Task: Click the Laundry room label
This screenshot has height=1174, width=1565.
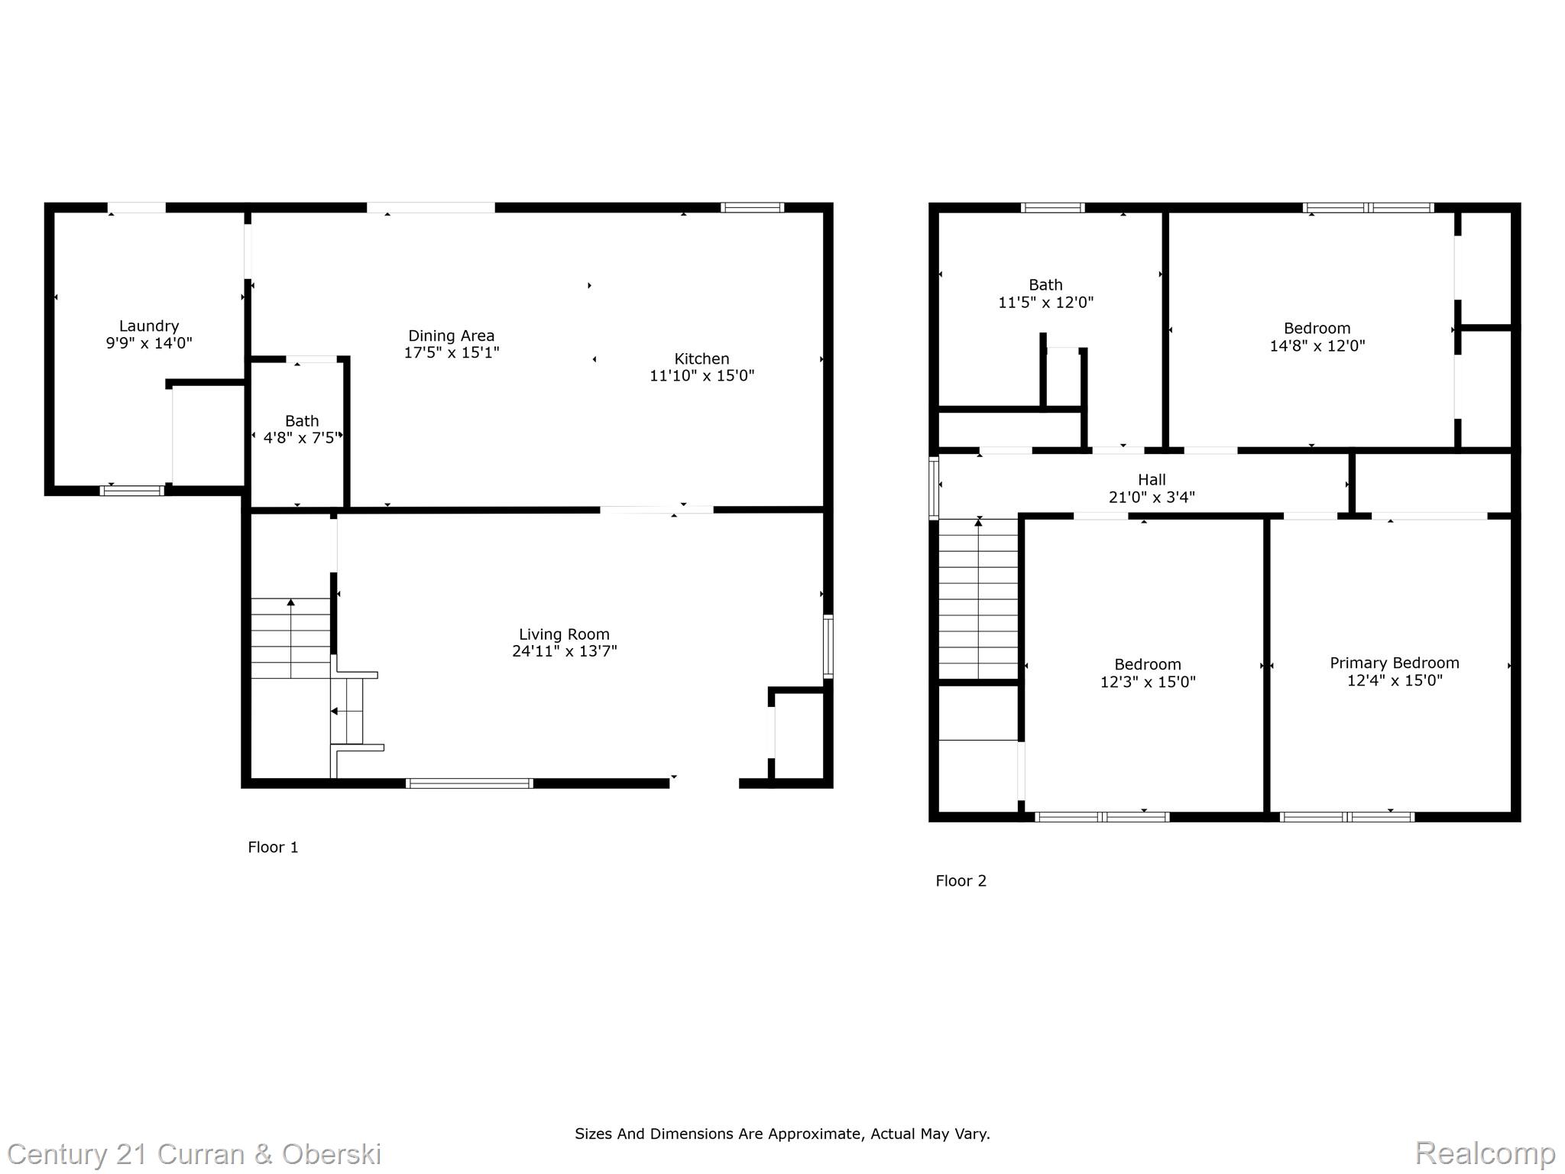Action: point(149,326)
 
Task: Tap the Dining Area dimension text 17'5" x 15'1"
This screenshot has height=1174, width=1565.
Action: point(452,352)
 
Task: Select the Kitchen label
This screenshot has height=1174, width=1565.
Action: point(701,358)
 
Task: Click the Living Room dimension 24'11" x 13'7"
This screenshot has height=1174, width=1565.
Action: point(564,651)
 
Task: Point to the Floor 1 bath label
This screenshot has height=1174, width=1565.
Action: point(302,421)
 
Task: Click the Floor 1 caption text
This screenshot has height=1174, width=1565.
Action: point(273,847)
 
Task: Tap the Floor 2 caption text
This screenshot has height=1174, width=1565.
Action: point(961,880)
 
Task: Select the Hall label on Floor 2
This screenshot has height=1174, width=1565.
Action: point(1152,480)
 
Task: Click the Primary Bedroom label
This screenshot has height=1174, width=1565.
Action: point(1394,663)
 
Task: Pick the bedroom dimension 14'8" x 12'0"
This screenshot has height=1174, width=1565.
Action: point(1317,345)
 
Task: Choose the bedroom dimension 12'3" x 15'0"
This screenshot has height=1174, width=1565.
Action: point(1147,682)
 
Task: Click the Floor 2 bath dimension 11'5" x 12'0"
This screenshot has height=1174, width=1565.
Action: point(1045,302)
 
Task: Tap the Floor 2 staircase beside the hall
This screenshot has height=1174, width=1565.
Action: point(978,600)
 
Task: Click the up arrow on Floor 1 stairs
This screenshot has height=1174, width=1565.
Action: point(290,603)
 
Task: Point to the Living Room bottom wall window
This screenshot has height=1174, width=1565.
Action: point(469,783)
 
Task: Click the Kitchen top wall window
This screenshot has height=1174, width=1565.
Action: point(753,207)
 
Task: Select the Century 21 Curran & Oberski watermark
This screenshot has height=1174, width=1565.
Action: point(194,1153)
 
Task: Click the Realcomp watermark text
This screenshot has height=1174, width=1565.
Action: point(1484,1152)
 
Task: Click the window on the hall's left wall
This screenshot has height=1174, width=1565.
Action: point(933,488)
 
